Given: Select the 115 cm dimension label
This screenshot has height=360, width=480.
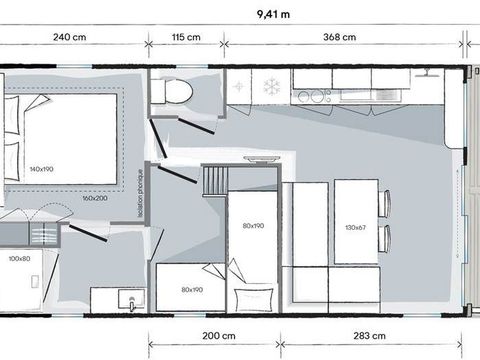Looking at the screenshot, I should click(185, 39).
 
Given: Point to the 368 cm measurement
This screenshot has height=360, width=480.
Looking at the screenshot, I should click(341, 39).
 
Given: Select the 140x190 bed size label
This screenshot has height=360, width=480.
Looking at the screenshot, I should click(42, 168).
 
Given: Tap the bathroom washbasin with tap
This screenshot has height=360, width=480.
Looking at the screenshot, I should click(124, 301).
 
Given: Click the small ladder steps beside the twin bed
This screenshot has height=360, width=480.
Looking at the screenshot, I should click(212, 184).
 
